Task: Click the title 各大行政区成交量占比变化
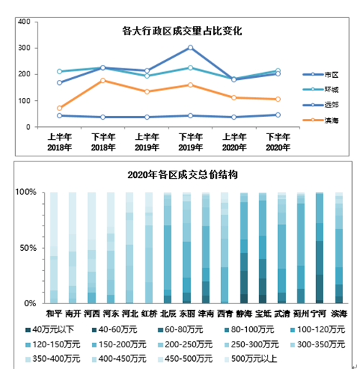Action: click(x=182, y=31)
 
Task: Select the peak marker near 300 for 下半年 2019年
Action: click(x=190, y=48)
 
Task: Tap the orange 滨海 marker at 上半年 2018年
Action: click(x=59, y=108)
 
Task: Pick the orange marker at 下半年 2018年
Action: click(x=103, y=80)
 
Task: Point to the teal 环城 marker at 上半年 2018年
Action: click(x=59, y=71)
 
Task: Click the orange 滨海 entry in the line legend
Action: click(x=320, y=120)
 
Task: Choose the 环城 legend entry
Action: click(x=320, y=89)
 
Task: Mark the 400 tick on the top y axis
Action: click(x=24, y=22)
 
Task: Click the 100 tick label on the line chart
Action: click(x=24, y=101)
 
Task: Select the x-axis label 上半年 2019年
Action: click(x=147, y=142)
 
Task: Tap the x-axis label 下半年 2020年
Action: click(x=278, y=142)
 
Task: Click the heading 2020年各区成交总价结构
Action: click(x=183, y=174)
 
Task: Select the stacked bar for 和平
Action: click(x=54, y=248)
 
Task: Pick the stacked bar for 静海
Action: click(x=244, y=248)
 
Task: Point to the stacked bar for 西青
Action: click(x=225, y=248)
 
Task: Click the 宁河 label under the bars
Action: click(x=318, y=314)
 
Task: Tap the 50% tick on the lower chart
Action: click(x=28, y=248)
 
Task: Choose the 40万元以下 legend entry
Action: click(x=50, y=329)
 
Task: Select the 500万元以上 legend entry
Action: click(x=251, y=359)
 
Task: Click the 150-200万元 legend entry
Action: click(x=120, y=344)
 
